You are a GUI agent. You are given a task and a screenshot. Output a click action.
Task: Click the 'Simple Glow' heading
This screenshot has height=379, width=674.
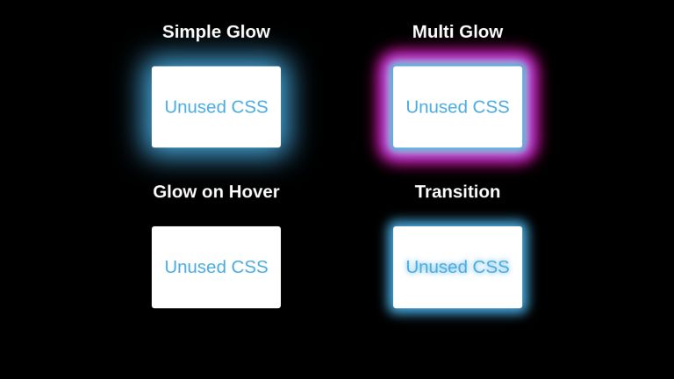click(216, 32)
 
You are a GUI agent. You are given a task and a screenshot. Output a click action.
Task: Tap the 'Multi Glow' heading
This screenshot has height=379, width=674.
click(457, 32)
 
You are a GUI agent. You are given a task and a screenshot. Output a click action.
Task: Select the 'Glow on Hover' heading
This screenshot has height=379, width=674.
click(216, 191)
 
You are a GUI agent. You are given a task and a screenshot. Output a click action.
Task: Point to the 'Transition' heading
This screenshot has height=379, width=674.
click(457, 191)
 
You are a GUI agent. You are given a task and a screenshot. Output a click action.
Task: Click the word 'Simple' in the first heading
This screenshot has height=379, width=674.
click(191, 32)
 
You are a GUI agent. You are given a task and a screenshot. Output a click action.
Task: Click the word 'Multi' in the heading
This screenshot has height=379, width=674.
click(433, 32)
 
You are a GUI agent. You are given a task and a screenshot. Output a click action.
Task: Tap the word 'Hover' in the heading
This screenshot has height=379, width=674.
click(255, 191)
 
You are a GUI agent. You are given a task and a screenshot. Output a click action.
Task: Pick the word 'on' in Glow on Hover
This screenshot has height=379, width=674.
click(213, 192)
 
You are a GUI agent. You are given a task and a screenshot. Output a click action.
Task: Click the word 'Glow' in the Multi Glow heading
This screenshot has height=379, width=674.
click(482, 32)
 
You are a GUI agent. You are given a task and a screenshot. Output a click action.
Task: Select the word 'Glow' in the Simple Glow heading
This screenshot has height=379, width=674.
click(247, 32)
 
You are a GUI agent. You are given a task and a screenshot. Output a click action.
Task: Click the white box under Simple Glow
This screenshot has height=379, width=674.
click(216, 132)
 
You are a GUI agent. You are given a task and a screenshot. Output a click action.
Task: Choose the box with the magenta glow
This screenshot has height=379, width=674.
click(457, 132)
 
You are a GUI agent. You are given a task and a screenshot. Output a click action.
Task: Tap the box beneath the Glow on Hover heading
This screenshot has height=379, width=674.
click(216, 291)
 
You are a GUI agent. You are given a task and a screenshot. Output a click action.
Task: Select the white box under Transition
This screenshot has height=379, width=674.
click(457, 291)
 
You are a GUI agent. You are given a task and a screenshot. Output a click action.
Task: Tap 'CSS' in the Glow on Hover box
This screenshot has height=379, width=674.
click(249, 267)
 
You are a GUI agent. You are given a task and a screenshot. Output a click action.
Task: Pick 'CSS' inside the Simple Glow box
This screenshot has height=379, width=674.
click(249, 107)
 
